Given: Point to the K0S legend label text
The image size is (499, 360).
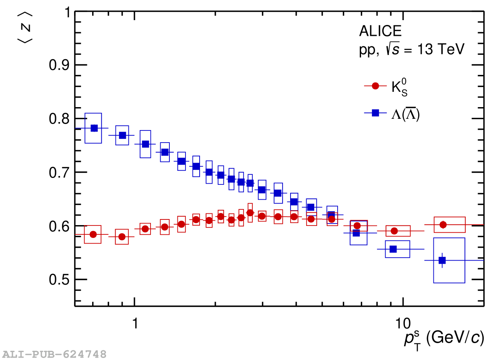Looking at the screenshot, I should [400, 88].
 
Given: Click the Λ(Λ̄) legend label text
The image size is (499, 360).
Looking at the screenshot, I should [406, 114].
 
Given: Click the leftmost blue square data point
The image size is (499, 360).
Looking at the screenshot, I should [94, 128].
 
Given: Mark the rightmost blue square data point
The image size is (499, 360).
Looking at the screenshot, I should [442, 260].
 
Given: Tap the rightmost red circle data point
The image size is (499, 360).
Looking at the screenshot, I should [443, 225].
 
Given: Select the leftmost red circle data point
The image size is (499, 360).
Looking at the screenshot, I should [93, 234].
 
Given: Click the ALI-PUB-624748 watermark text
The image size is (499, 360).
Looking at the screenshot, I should [54, 354].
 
